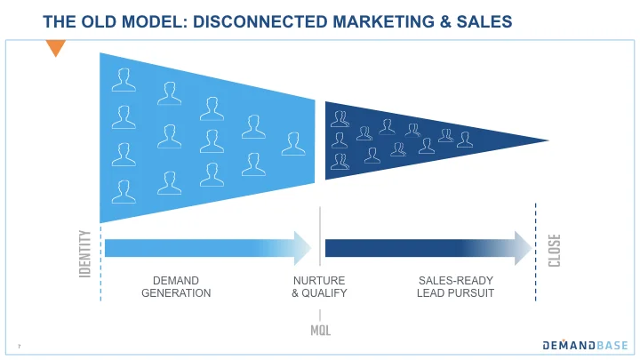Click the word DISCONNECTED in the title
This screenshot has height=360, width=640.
[252, 20]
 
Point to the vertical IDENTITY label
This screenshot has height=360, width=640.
[85, 252]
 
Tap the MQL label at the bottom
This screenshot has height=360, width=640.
[321, 330]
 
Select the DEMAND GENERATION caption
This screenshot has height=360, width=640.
[176, 286]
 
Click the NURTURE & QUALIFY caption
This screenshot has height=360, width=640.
[319, 286]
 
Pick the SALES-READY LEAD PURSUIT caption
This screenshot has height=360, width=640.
[455, 286]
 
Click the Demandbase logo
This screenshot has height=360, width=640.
[586, 345]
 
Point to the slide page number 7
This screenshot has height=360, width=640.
[19, 346]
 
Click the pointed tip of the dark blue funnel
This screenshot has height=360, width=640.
[544, 140]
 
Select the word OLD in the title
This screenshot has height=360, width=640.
[92, 20]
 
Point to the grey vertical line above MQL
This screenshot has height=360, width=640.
[320, 236]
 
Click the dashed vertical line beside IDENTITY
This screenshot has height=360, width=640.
[100, 258]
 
